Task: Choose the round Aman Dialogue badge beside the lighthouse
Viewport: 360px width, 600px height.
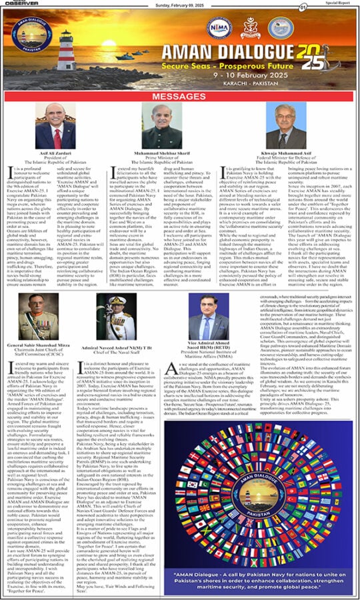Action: pos(33,37)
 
